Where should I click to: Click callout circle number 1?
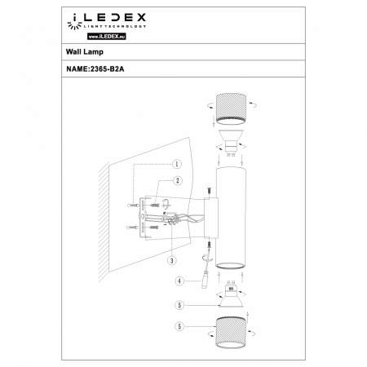pos(176,164)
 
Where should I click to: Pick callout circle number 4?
pos(179,281)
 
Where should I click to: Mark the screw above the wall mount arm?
pos(209,192)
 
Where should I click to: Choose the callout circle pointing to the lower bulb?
pos(179,306)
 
